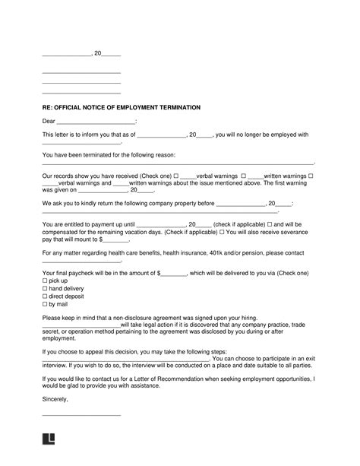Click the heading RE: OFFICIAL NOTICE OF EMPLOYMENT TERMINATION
118,108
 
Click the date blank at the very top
65,55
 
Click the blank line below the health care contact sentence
81,260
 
